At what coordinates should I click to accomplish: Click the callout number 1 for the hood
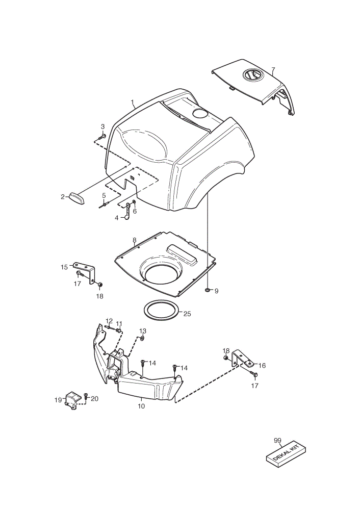point(133,104)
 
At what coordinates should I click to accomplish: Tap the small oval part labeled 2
point(76,198)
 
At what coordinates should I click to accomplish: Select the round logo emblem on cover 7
point(254,75)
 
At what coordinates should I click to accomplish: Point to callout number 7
point(273,69)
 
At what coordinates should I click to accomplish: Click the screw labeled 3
point(101,137)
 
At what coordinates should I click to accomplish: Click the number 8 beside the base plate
point(134,240)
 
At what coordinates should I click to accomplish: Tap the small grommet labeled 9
point(207,289)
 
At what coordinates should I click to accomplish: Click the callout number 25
point(187,314)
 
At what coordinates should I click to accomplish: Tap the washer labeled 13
point(142,339)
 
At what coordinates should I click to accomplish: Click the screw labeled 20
point(86,396)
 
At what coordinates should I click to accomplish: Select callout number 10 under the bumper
point(141,406)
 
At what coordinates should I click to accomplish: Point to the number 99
point(277,441)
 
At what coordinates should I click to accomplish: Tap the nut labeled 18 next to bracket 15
point(100,285)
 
